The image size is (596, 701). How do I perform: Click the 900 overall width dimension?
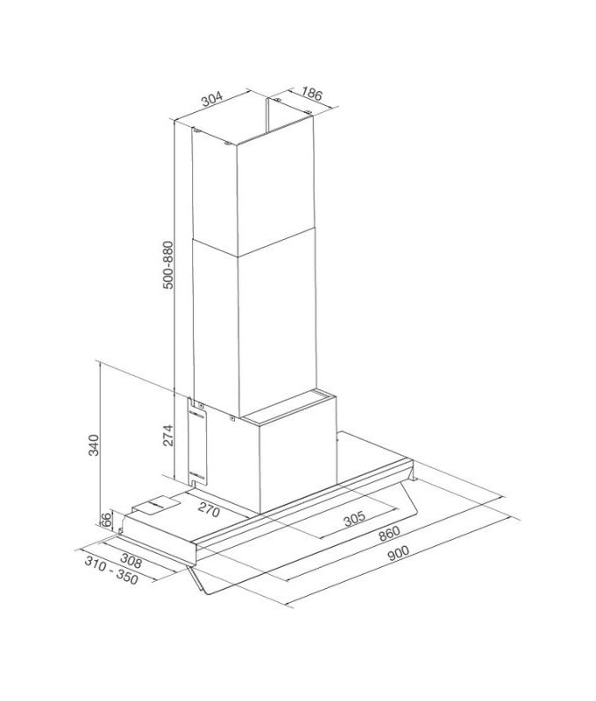397,552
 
